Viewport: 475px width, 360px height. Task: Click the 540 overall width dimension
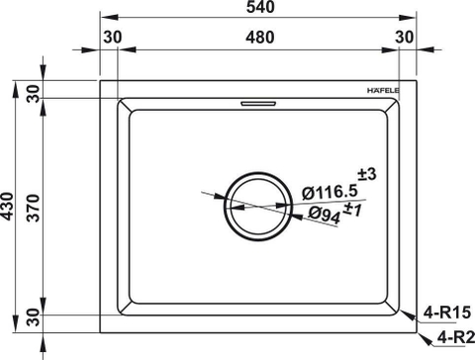(264, 8)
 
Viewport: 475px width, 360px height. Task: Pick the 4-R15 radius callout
(445, 314)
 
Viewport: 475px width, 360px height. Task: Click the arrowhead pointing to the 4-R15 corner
(407, 312)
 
